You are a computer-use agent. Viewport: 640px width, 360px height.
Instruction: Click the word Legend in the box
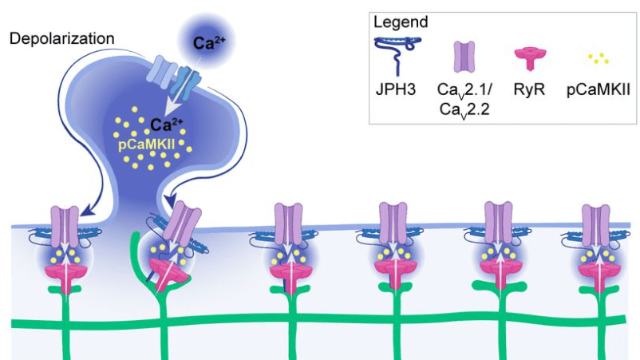[399, 22]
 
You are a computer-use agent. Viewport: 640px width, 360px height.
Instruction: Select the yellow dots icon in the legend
[595, 57]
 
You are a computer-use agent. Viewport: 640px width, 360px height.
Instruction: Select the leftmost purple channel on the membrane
[65, 221]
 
